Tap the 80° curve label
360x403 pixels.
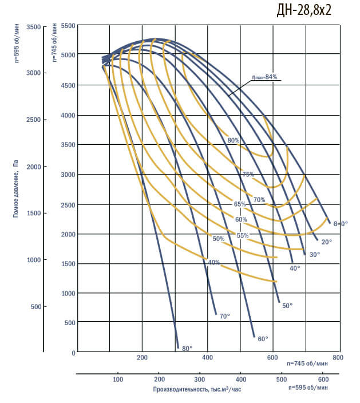coord(187,348)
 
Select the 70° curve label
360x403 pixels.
coord(224,315)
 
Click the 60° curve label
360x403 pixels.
coord(263,339)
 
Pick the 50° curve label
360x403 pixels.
coord(287,306)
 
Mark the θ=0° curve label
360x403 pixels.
coord(341,223)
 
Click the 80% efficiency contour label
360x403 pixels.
coord(233,140)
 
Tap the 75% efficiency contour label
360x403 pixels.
coord(248,175)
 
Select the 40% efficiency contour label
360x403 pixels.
coord(214,262)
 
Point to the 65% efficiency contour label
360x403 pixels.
coord(239,204)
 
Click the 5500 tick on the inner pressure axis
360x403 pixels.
coord(68,26)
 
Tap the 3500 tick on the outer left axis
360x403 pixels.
coord(33,27)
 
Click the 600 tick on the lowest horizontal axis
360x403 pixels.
coord(323,380)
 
